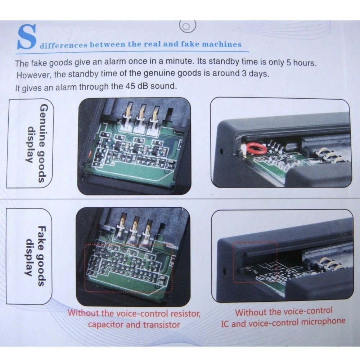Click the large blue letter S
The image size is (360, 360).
coord(27,37)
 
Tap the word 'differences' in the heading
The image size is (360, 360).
coord(64,45)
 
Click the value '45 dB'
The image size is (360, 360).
coord(137,86)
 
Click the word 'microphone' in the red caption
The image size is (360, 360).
coord(323,321)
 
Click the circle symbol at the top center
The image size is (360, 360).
coord(188,26)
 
